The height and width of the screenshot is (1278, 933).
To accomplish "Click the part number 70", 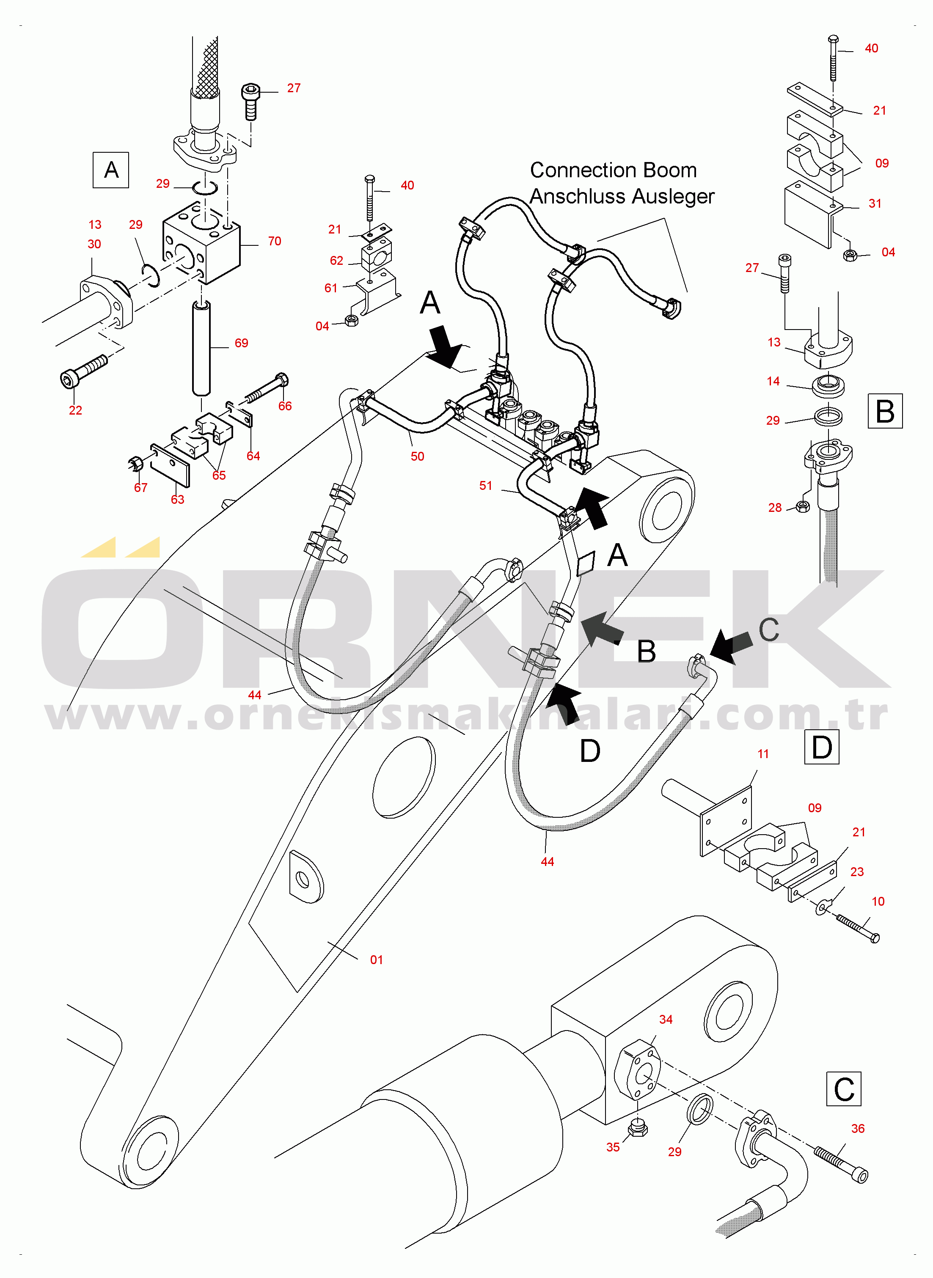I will (275, 241).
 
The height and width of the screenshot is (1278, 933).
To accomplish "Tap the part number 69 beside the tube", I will (241, 343).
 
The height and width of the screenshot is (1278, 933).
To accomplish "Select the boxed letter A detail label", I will (111, 170).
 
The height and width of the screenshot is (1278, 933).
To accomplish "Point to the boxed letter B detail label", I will (884, 411).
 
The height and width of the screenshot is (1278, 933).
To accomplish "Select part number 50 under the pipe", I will (417, 456).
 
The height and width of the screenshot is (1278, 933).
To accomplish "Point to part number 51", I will (486, 486).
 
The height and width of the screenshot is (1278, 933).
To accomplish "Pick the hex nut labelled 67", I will (135, 464).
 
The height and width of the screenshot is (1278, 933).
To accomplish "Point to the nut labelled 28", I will (801, 506).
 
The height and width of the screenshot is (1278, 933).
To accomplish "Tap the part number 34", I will (666, 1020).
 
